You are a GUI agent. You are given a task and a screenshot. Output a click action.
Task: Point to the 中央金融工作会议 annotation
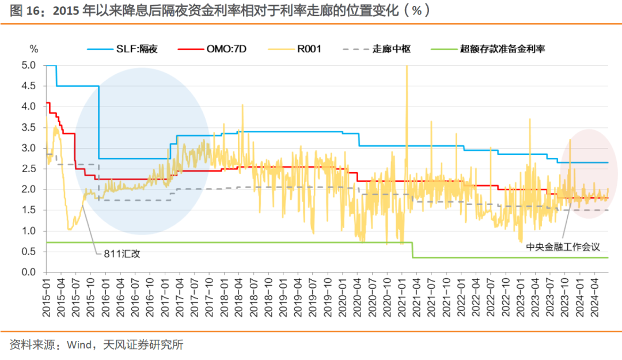tap(563, 247)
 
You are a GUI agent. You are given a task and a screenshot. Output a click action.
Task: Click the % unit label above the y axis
tap(33, 49)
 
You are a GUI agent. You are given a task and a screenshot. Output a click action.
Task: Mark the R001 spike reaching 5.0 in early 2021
tap(407, 68)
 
